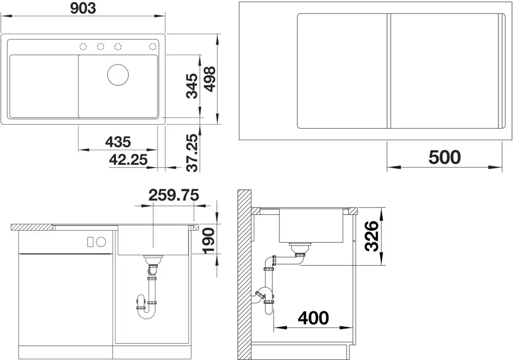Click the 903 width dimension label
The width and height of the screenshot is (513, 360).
click(x=83, y=8)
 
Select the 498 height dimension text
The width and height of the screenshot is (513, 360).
click(x=209, y=79)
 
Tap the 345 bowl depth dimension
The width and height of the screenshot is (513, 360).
click(x=192, y=86)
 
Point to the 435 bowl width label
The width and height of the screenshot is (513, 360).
click(x=118, y=142)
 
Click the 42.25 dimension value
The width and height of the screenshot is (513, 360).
click(x=128, y=159)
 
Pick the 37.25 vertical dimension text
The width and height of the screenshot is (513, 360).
click(x=192, y=153)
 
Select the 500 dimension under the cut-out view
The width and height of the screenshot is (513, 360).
click(x=445, y=157)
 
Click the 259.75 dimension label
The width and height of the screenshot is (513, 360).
click(x=173, y=195)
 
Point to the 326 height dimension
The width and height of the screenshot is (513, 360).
click(x=371, y=236)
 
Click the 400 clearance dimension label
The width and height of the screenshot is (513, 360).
click(x=313, y=318)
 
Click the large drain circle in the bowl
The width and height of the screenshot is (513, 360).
click(x=118, y=74)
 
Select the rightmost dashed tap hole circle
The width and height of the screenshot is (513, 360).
click(x=153, y=47)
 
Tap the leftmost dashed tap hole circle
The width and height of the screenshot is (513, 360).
click(x=83, y=47)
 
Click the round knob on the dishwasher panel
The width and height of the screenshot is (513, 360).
click(x=101, y=242)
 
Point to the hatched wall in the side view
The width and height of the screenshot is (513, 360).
click(x=244, y=275)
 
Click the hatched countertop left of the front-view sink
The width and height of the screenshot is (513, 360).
click(x=32, y=227)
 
